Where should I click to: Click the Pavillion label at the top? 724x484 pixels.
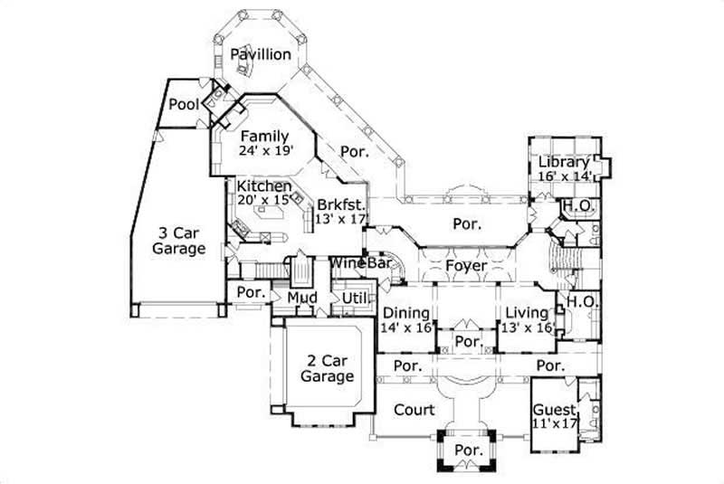point(260,54)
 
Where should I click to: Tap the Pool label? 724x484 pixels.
point(184,106)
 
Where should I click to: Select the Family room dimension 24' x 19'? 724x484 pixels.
point(267,152)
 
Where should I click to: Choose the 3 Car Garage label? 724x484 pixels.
point(178,240)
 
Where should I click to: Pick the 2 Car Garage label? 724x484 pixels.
point(327,367)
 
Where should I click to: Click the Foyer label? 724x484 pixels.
point(466,266)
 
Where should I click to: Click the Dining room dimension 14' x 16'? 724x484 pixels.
point(405,327)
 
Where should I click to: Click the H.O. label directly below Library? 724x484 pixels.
point(577,206)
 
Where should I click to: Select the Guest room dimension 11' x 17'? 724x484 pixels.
point(555,423)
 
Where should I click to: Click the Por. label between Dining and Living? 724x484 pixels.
point(467,342)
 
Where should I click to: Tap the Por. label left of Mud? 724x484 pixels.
point(250,293)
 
